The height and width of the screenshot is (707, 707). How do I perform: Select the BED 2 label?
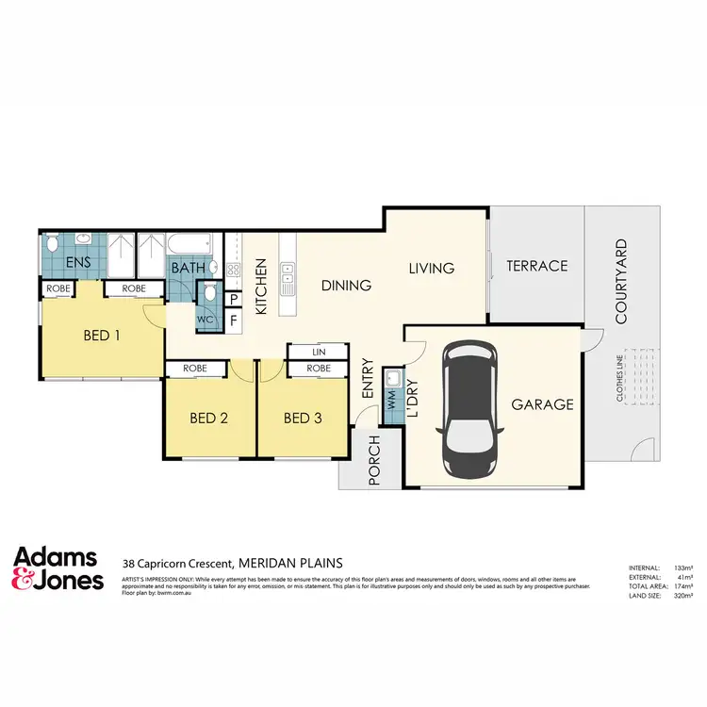point(209,418)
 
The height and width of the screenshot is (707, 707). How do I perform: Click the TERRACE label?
point(537,266)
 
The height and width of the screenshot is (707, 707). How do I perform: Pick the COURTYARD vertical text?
point(621,281)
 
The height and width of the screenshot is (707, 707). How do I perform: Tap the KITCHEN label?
point(263,288)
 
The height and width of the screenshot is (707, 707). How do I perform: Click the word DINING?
point(346,286)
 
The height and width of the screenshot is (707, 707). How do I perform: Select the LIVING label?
point(432,269)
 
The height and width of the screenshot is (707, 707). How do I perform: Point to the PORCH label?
point(373,460)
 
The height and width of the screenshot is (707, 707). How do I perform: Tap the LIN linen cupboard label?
point(319,353)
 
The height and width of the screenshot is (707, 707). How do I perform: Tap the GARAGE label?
point(542,404)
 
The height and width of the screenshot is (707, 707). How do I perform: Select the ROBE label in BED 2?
point(195,369)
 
